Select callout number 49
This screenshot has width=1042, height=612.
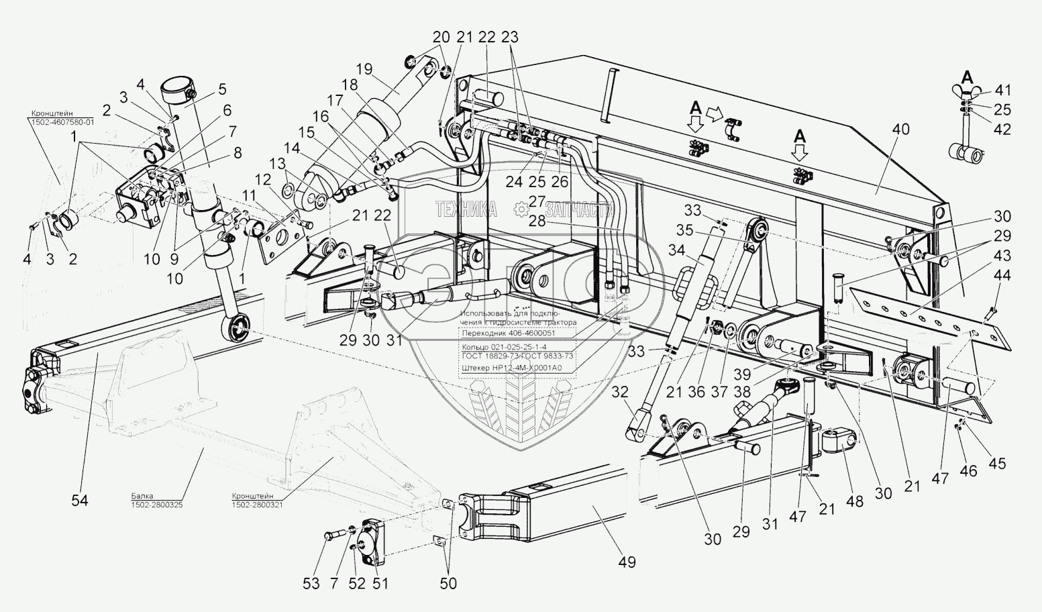coord(627,562)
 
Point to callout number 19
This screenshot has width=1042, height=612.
coord(364,68)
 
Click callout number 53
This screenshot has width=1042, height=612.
coord(311,583)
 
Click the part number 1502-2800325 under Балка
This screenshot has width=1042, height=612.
coord(157,505)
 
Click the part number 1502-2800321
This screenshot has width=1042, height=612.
coord(257,505)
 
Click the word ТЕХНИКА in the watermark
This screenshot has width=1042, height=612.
coord(466,210)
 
